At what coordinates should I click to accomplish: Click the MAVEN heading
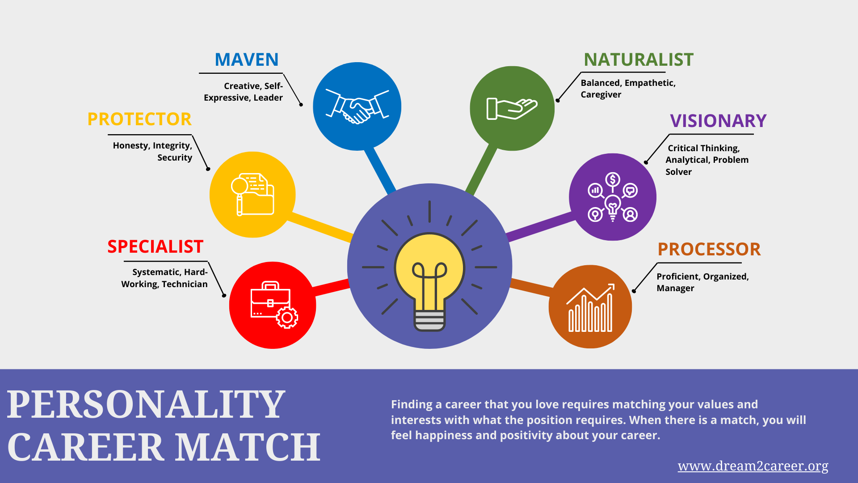pos(247,59)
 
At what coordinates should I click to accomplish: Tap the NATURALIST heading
pos(639,59)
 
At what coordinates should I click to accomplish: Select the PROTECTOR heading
pos(139,119)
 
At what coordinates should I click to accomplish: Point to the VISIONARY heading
pos(718,121)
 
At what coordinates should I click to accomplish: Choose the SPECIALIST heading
pos(156,247)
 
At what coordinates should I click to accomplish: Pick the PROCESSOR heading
pos(709,250)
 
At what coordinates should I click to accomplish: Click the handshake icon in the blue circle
pos(357,106)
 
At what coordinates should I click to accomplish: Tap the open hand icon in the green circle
pos(512,109)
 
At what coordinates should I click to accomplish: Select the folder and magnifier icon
pos(252,195)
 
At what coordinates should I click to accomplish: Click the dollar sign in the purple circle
pos(613,180)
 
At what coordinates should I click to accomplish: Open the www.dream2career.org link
pos(753,466)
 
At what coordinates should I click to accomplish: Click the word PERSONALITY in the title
pos(146,405)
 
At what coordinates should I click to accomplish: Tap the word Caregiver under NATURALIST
pos(601,95)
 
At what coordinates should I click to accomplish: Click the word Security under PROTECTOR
pos(175,158)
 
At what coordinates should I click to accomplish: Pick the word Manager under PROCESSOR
pos(675,288)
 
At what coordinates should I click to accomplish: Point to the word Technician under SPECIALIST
pos(185,284)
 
